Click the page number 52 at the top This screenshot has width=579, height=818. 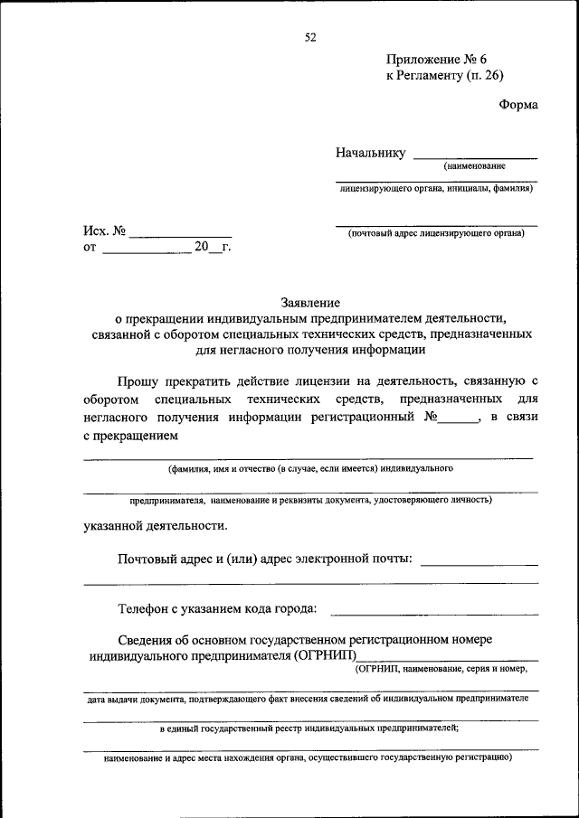(x=311, y=37)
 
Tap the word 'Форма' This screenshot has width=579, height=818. (x=518, y=105)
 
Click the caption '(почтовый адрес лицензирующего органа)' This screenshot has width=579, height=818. (x=436, y=233)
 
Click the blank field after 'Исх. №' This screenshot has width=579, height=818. (x=180, y=233)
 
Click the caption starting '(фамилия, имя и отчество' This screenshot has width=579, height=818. (x=309, y=468)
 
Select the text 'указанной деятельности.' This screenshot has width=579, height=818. (x=156, y=525)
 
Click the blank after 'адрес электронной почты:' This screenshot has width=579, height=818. (x=479, y=562)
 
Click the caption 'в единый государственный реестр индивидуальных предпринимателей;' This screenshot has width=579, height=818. (x=309, y=728)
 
